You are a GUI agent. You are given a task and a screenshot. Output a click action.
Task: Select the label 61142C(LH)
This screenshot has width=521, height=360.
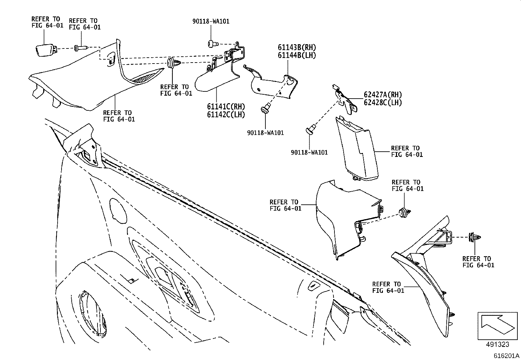[x=226, y=114]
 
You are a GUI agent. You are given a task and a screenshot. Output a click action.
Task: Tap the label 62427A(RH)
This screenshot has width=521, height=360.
[x=383, y=95]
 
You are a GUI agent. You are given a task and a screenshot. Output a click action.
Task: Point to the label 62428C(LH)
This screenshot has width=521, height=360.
[x=383, y=102]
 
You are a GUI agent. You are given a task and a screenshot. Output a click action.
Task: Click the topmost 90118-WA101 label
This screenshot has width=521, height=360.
[x=211, y=21]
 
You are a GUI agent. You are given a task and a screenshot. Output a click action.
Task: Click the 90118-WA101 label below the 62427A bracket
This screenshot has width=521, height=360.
[x=309, y=152]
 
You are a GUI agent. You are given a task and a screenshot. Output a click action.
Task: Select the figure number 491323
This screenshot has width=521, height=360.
[x=497, y=344]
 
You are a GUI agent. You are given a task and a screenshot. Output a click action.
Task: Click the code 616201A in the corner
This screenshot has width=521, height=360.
[x=507, y=355]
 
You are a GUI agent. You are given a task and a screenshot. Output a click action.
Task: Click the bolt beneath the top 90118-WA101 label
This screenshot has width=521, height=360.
[x=211, y=43]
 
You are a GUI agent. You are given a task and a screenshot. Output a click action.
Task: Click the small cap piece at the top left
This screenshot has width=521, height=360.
[x=45, y=50]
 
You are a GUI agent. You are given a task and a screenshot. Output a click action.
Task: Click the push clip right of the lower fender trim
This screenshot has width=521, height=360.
[x=405, y=213]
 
